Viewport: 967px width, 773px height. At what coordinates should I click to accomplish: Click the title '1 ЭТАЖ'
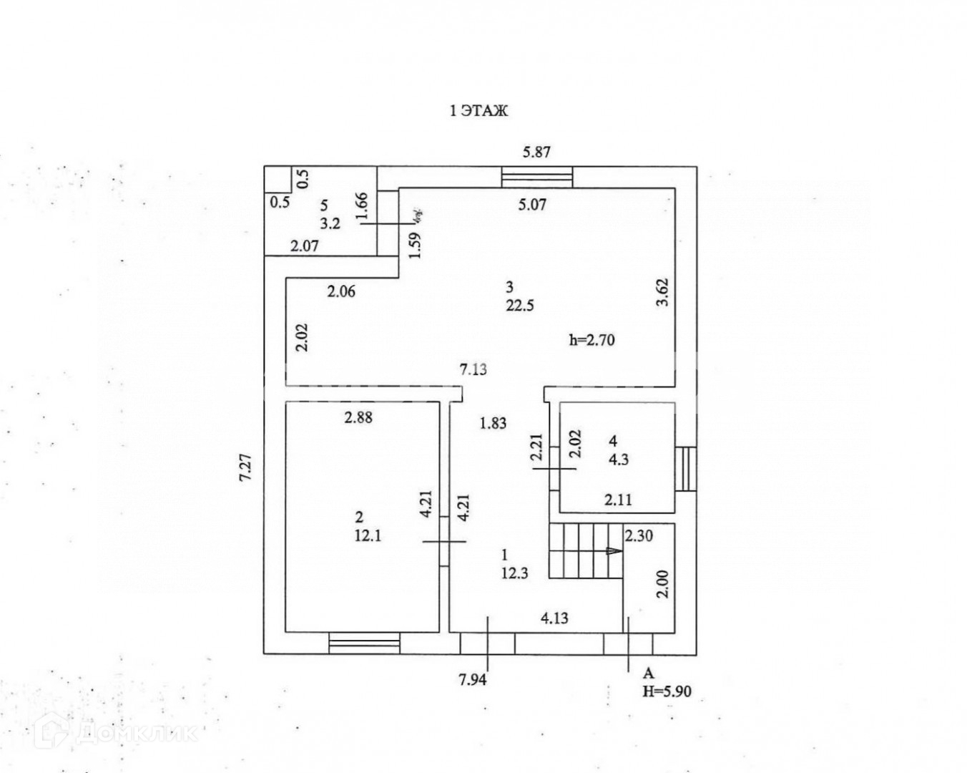pos(478,111)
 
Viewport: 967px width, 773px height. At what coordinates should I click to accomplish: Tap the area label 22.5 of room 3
pos(520,306)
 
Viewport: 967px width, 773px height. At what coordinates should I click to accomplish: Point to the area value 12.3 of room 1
pos(515,573)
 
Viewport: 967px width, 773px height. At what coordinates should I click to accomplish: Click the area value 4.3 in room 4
pos(618,460)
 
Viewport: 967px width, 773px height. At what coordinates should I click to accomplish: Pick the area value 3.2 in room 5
pos(330,223)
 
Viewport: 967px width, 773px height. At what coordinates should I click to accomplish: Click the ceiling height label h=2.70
pos(592,341)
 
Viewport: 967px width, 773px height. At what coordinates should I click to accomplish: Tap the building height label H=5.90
pos(667,691)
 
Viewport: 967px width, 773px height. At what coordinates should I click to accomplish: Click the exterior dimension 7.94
pos(473,680)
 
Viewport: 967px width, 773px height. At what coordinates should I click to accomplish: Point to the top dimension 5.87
pos(536,152)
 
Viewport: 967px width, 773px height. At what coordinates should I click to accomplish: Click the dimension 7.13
pos(474,369)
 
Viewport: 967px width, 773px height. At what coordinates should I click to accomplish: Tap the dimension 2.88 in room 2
pos(358,418)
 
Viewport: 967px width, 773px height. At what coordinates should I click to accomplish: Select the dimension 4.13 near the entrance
pos(554,618)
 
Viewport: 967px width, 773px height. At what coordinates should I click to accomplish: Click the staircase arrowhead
pos(614,551)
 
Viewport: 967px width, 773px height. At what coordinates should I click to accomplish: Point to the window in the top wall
pos(536,176)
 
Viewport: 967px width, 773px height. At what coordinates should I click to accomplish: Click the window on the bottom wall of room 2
pos(364,643)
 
